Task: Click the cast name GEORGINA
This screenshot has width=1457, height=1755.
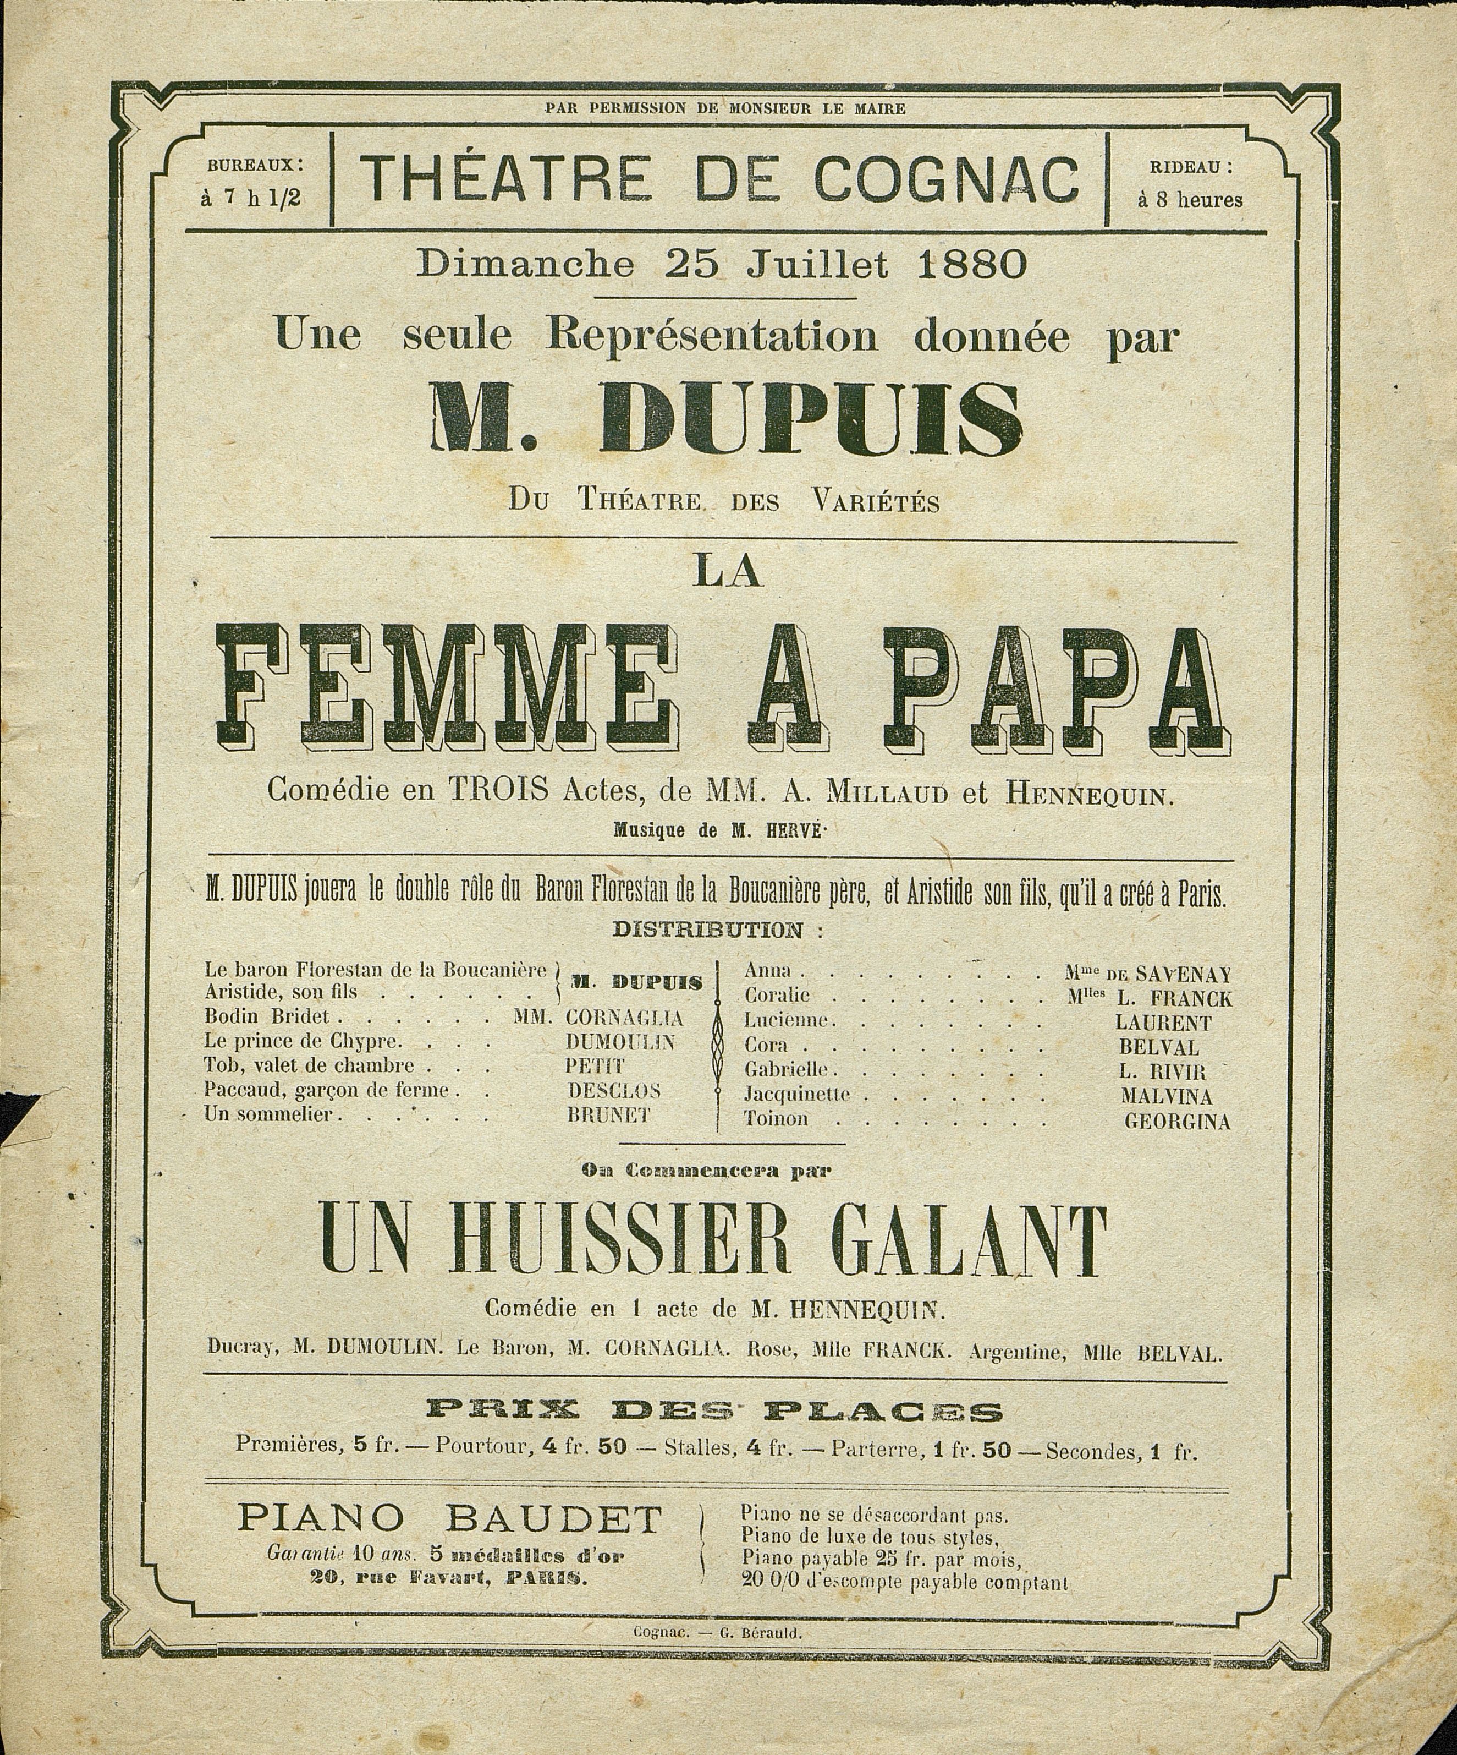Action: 1176,1122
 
